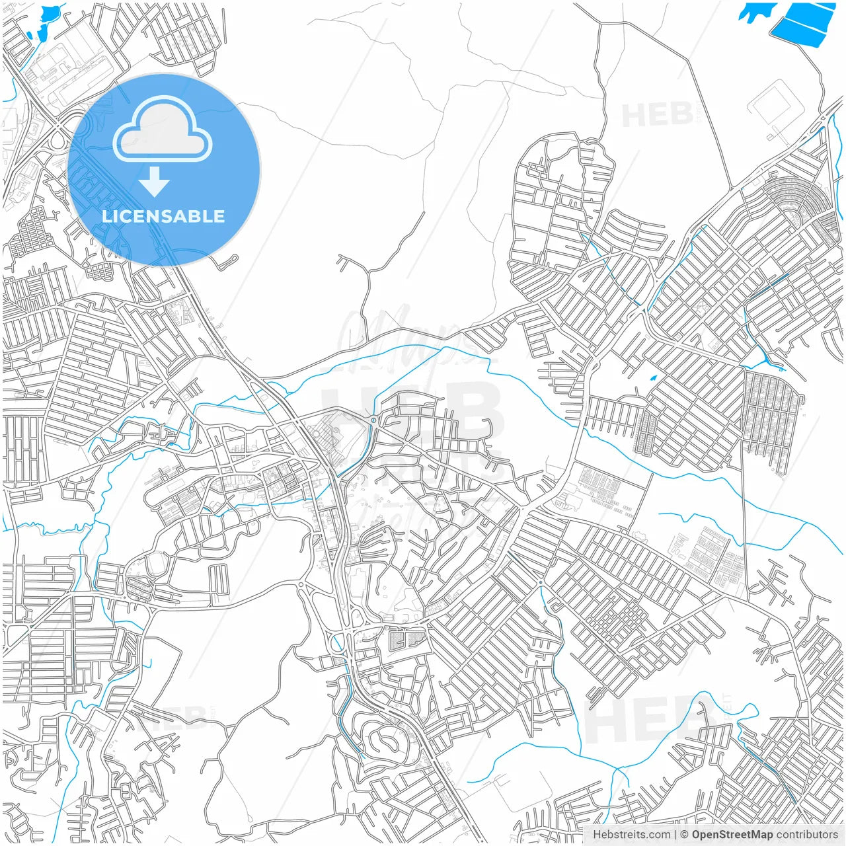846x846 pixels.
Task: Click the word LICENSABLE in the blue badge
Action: pyautogui.click(x=163, y=216)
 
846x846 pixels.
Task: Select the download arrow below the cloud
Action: pyautogui.click(x=155, y=181)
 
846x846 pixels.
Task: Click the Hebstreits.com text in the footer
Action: pyautogui.click(x=631, y=835)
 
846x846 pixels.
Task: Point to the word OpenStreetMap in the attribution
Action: pyautogui.click(x=732, y=835)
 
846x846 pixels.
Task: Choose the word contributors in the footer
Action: pyautogui.click(x=807, y=835)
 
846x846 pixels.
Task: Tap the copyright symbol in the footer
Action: pyautogui.click(x=685, y=835)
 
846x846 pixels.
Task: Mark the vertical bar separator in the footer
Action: pyautogui.click(x=675, y=835)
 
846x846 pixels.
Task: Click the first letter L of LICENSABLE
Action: pyautogui.click(x=106, y=217)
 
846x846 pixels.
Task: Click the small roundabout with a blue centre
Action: pyautogui.click(x=373, y=420)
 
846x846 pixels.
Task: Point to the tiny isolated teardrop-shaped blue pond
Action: pyautogui.click(x=653, y=378)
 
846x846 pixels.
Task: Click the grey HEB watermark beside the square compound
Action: pyautogui.click(x=658, y=115)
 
